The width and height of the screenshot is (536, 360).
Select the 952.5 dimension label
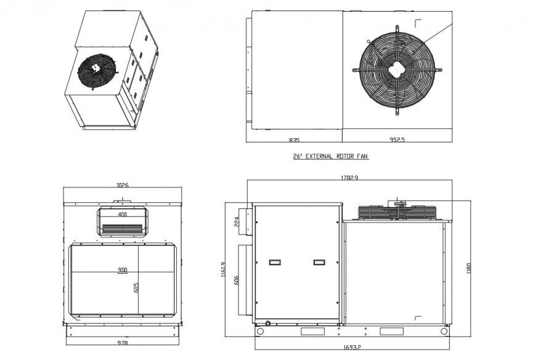[397, 140]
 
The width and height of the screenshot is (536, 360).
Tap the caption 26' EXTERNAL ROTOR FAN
[330, 157]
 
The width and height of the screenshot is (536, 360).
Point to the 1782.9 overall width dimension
[349, 178]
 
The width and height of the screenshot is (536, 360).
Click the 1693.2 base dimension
[349, 347]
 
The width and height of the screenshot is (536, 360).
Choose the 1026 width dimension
[122, 186]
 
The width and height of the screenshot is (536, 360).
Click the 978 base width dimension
[122, 342]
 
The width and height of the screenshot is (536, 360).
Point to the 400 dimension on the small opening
[123, 215]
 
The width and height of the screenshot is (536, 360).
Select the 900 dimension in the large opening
[122, 271]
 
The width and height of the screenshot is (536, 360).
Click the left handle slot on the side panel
[274, 263]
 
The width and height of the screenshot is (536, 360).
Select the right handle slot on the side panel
[319, 263]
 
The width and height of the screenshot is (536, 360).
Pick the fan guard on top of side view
[397, 211]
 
